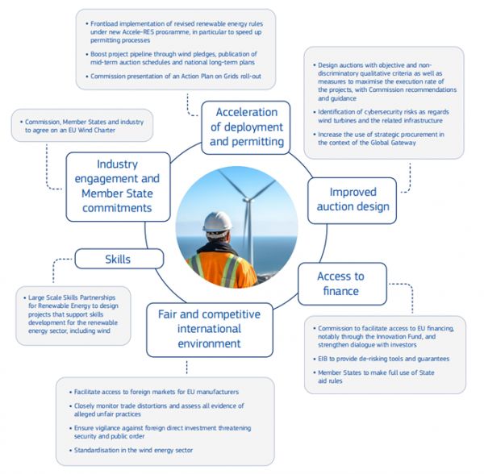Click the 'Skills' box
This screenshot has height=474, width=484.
[119, 260]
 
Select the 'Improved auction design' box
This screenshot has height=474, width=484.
[352, 200]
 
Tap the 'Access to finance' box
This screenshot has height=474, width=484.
[340, 283]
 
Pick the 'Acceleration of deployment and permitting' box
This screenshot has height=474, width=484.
[246, 127]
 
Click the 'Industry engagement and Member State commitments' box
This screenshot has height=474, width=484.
[118, 186]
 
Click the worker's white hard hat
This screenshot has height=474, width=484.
[217, 221]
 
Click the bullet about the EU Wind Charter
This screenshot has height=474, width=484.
[81, 127]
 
